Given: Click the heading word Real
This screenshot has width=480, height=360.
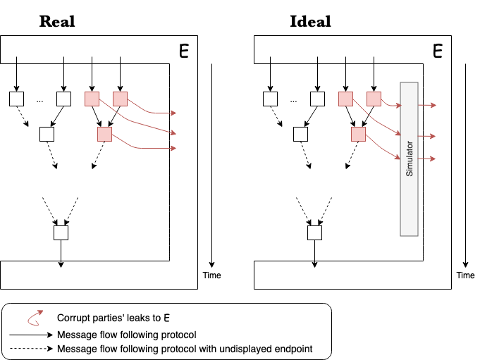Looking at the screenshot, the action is tap(57, 21).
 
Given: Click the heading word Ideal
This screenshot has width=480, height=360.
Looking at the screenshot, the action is tap(310, 21).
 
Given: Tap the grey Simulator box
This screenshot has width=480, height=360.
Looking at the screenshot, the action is tap(409, 159).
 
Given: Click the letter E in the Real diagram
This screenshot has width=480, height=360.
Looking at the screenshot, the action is tap(184, 51).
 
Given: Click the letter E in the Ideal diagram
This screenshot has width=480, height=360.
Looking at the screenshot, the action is tap(438, 51).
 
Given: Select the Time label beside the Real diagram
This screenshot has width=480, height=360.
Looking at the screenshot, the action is tap(212, 275).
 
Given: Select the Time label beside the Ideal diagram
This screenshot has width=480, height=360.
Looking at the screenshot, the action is tap(466, 275).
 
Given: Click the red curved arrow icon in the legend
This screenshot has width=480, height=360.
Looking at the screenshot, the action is tap(35, 318).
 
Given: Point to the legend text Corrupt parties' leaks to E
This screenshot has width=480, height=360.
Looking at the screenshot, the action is tap(113, 318).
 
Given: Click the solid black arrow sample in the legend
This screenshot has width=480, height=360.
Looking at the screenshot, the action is tap(31, 335).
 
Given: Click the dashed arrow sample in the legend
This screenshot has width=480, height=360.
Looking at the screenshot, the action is tap(31, 349).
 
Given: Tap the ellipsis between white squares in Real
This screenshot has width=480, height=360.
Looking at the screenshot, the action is tap(39, 101).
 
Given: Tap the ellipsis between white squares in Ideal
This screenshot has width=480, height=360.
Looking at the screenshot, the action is tap(294, 101).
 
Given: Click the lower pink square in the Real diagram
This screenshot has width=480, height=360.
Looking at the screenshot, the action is tap(105, 135).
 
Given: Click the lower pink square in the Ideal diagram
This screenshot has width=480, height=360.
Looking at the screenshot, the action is tap(359, 135).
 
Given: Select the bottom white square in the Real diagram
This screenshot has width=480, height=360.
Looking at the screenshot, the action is tap(61, 232).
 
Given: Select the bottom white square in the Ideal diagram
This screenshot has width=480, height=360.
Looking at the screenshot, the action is tap(314, 232).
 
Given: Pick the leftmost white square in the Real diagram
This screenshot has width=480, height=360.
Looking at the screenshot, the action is tap(16, 99).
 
